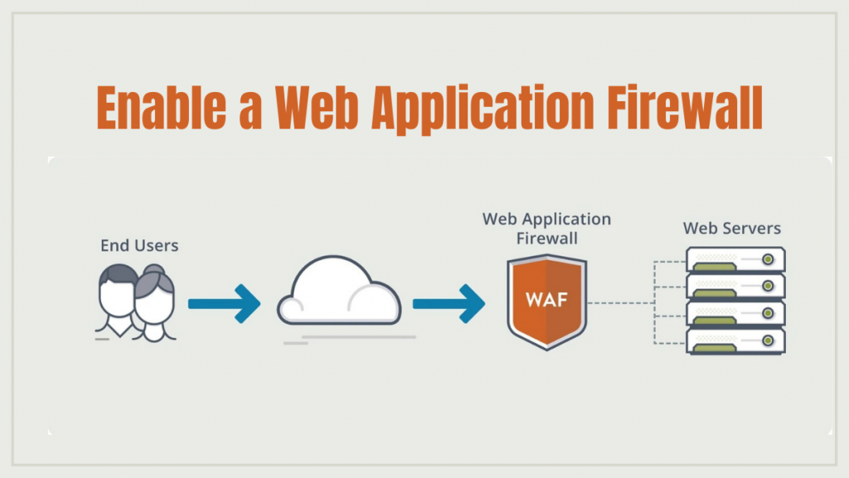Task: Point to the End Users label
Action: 139,246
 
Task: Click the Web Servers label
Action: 731,227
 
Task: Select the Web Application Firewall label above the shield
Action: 546,228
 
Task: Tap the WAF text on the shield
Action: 546,298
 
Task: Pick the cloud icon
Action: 338,294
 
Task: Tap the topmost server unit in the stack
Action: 735,259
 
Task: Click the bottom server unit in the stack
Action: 735,339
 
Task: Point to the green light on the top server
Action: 769,260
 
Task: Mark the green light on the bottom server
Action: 769,340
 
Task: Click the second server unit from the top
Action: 735,285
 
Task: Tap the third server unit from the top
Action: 735,313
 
